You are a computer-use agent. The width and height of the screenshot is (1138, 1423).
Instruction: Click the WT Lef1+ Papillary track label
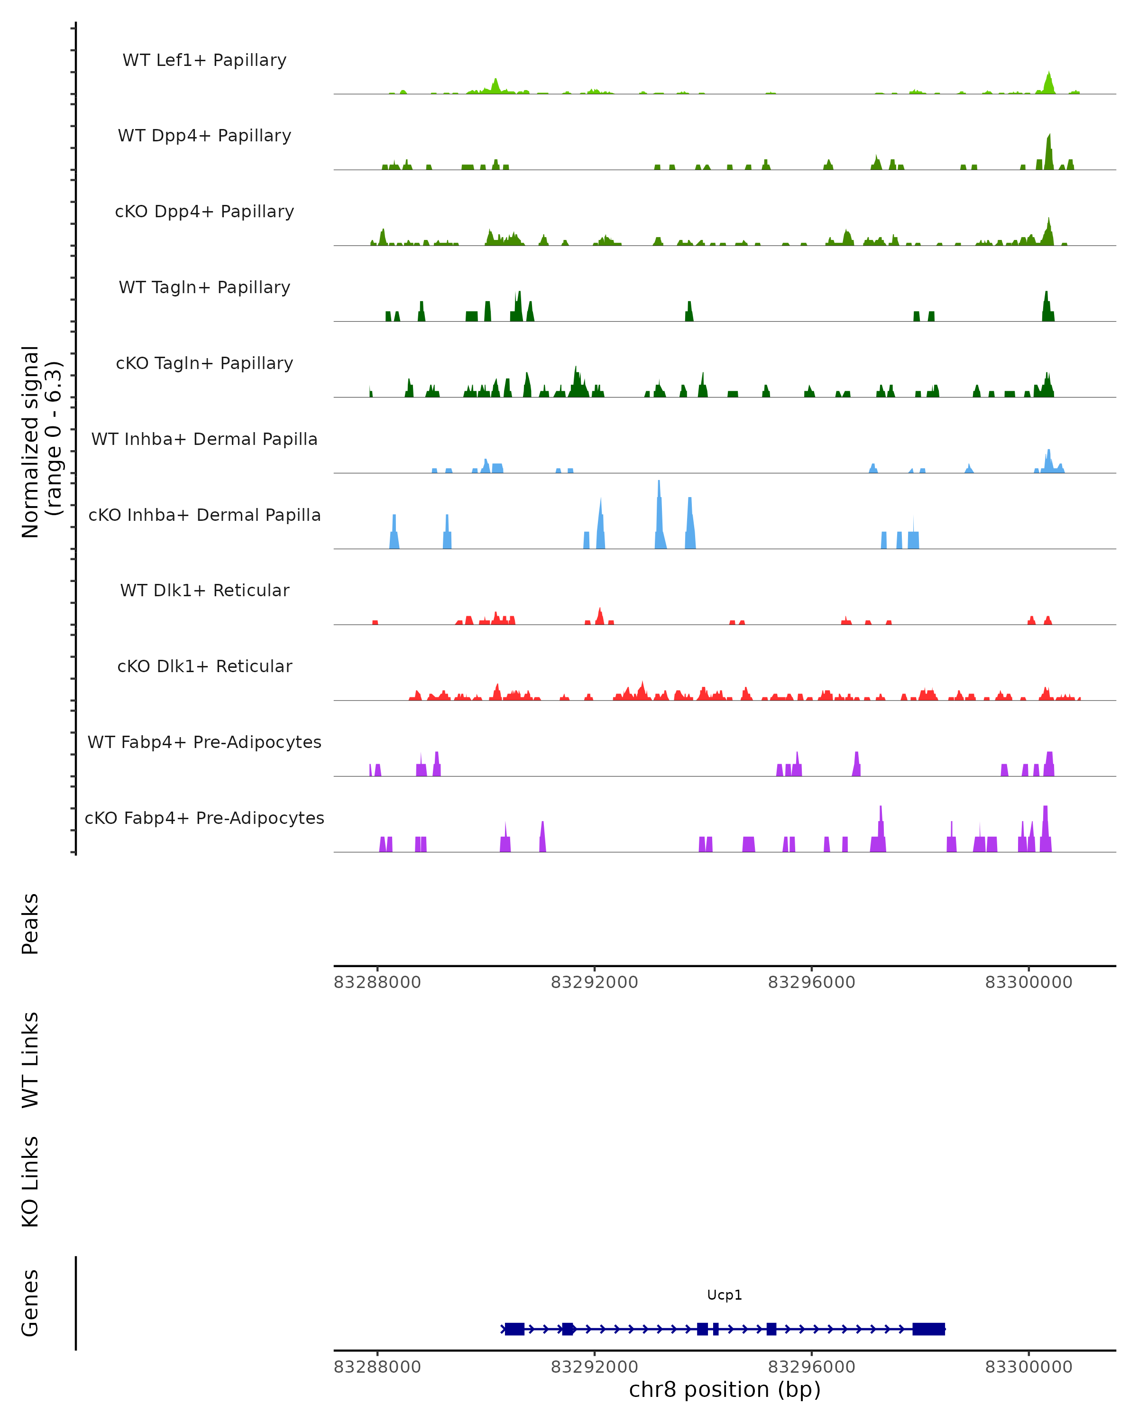(204, 60)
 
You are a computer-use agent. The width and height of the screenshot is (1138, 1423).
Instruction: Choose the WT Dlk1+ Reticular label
(204, 590)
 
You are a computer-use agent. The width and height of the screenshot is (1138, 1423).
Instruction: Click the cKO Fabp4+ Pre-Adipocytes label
(204, 818)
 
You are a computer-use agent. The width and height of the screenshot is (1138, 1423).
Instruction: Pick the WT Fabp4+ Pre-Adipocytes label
(204, 742)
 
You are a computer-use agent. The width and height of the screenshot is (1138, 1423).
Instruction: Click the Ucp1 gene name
(725, 1295)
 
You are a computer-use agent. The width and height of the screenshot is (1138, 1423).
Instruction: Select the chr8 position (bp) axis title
(725, 1389)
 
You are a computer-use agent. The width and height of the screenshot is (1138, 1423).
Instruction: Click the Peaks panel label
(30, 924)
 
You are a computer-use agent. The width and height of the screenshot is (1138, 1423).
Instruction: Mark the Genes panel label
(30, 1303)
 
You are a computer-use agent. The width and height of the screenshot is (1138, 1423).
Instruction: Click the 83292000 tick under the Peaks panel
(595, 983)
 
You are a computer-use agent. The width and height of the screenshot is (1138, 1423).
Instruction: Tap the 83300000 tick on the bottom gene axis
(1028, 1367)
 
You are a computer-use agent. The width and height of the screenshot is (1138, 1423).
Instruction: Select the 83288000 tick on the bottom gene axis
(377, 1367)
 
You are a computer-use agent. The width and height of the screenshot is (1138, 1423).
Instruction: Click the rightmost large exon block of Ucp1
(929, 1329)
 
